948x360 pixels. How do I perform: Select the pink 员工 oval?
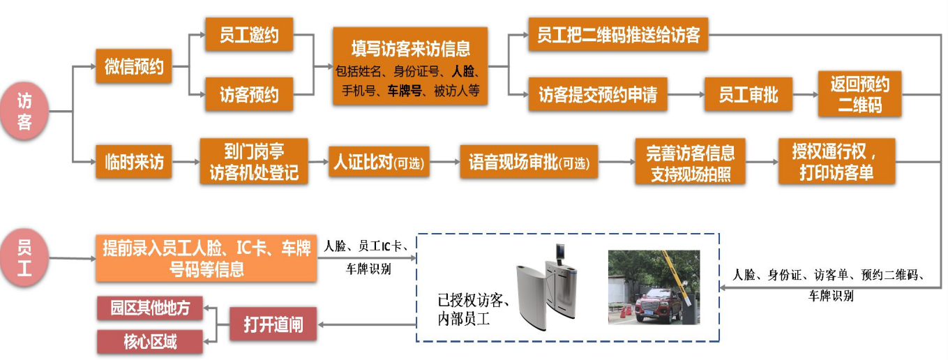[25, 257]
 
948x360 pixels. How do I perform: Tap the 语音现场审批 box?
[529, 163]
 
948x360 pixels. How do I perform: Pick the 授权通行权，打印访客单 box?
[836, 162]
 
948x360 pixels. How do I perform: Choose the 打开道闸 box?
[273, 324]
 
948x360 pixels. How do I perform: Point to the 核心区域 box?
[150, 342]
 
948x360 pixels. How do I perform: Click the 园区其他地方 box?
[150, 308]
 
